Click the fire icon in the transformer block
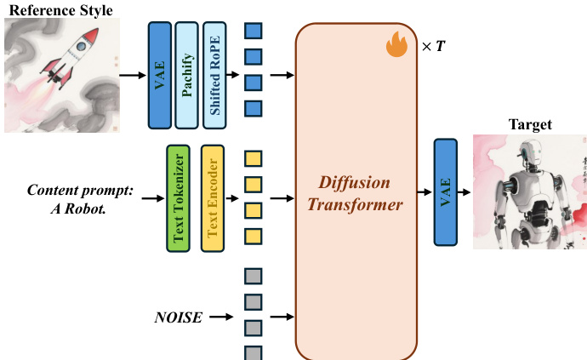396,43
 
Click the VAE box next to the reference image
159,75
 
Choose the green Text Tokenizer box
179,197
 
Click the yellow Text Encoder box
212,197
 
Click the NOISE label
178,317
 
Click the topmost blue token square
253,31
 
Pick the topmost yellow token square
253,157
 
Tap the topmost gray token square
253,275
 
